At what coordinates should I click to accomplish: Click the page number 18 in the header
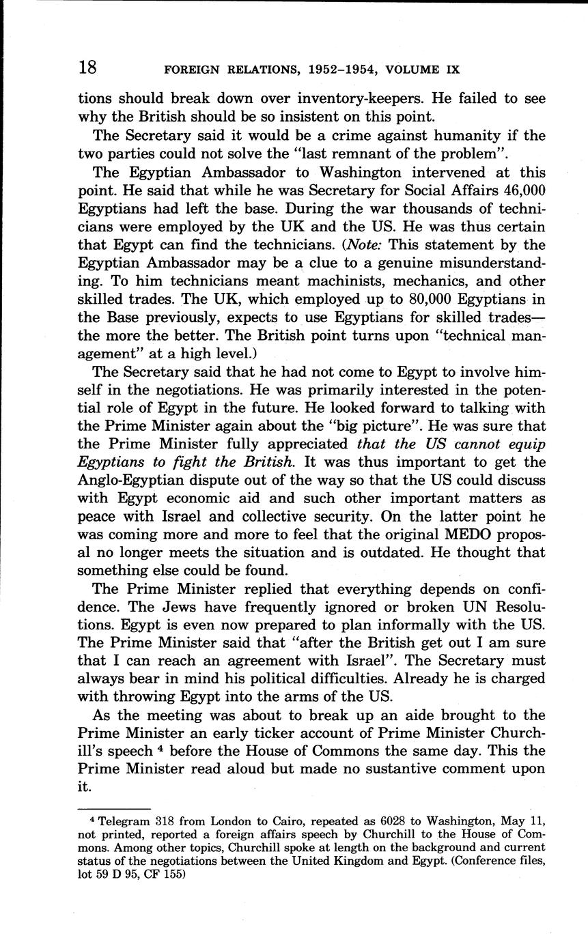[x=88, y=68]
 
